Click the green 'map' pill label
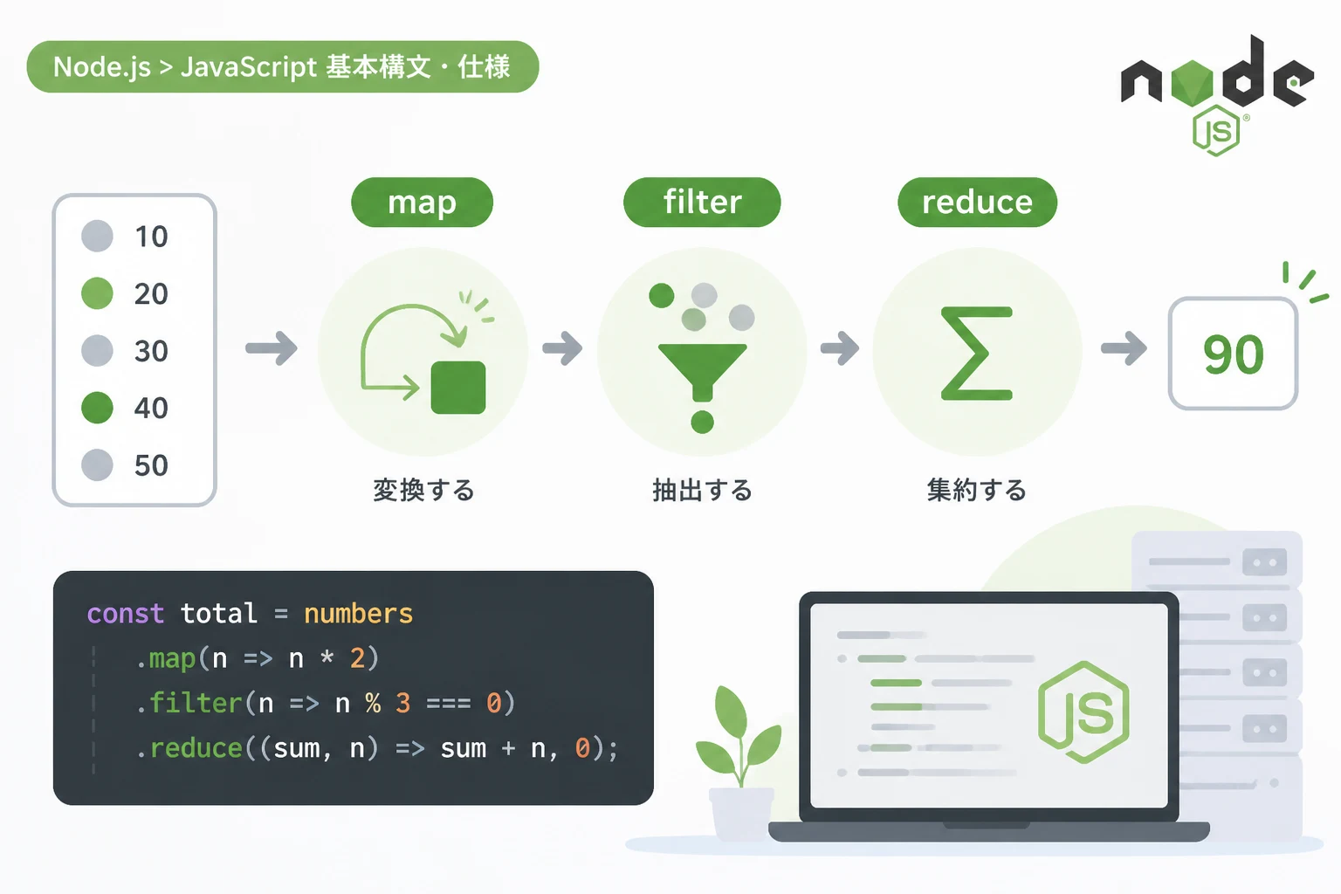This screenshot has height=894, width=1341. pos(422,202)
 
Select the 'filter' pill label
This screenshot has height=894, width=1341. pos(702,202)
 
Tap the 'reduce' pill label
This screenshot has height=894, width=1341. pos(977,202)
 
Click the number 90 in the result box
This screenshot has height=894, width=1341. pos(1234,354)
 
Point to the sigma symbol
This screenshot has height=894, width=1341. pos(976,353)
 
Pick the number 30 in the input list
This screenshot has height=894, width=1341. pos(151,351)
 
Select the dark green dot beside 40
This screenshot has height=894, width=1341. pos(97,408)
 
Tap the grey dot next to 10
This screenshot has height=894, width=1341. pos(97,236)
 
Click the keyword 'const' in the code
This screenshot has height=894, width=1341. pos(125,614)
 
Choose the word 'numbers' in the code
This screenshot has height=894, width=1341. pos(358,614)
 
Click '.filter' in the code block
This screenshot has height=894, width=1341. pos(189,703)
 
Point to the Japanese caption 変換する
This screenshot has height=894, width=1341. pos(423,490)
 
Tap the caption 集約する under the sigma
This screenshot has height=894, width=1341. pos(976,490)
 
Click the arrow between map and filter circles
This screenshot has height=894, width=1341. pos(562,348)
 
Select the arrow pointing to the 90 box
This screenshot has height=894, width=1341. pos(1124,348)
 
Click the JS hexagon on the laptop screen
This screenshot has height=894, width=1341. pos(1083,712)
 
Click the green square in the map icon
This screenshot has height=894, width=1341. pos(458,388)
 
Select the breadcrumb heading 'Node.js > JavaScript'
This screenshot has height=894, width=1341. pos(185,66)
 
